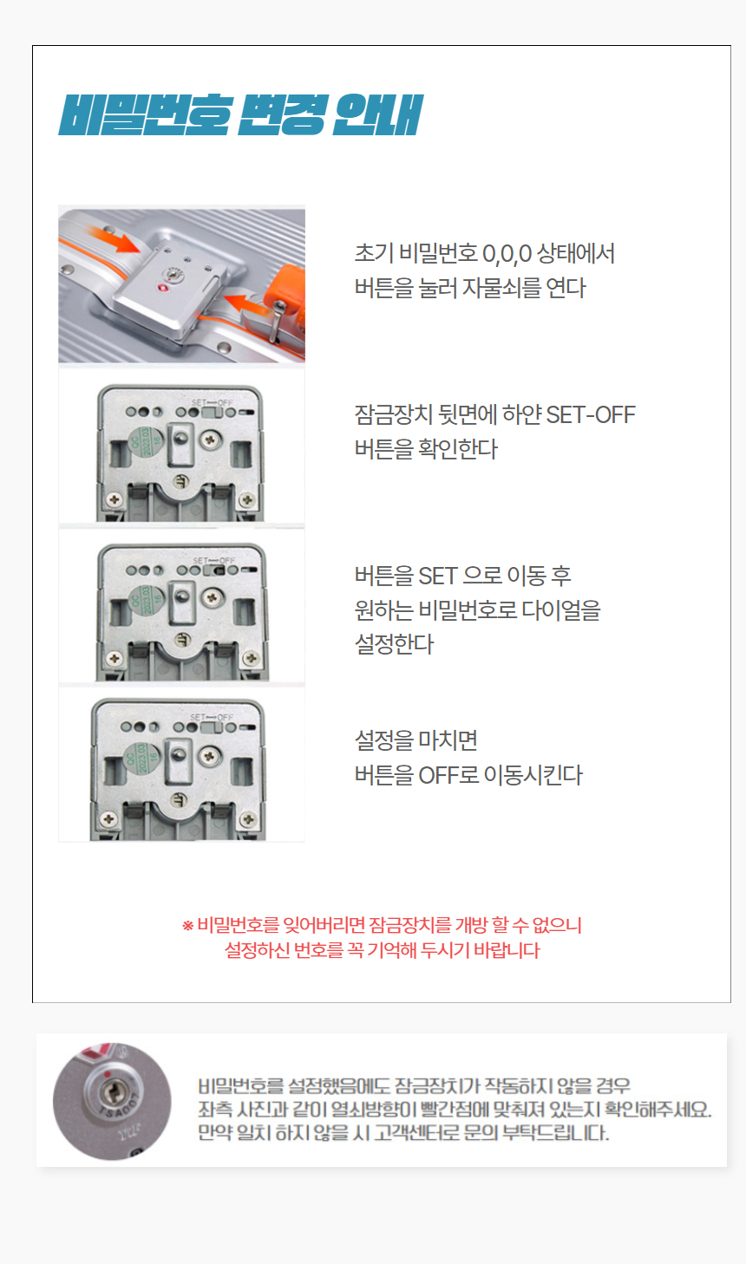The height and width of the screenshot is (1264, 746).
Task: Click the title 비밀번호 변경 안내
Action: tap(240, 115)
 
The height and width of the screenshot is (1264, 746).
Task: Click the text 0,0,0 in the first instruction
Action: tap(507, 254)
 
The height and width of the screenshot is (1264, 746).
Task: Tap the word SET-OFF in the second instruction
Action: tap(591, 414)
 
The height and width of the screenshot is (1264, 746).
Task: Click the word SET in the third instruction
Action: tap(437, 577)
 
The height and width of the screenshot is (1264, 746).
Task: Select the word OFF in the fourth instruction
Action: tap(438, 775)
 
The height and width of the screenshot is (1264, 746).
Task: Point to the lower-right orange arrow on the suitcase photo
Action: tap(245, 303)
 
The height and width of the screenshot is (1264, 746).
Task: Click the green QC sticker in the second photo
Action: tap(145, 442)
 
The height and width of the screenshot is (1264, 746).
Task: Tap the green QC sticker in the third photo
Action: tap(147, 601)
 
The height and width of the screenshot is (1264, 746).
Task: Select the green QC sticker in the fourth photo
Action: tap(141, 758)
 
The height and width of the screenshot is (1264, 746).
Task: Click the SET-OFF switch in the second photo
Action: tap(213, 412)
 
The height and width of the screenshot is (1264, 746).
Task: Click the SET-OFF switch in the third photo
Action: tap(214, 570)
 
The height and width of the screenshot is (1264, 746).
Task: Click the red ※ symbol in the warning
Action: tap(187, 925)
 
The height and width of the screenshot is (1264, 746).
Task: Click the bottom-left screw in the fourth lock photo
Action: tap(108, 818)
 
